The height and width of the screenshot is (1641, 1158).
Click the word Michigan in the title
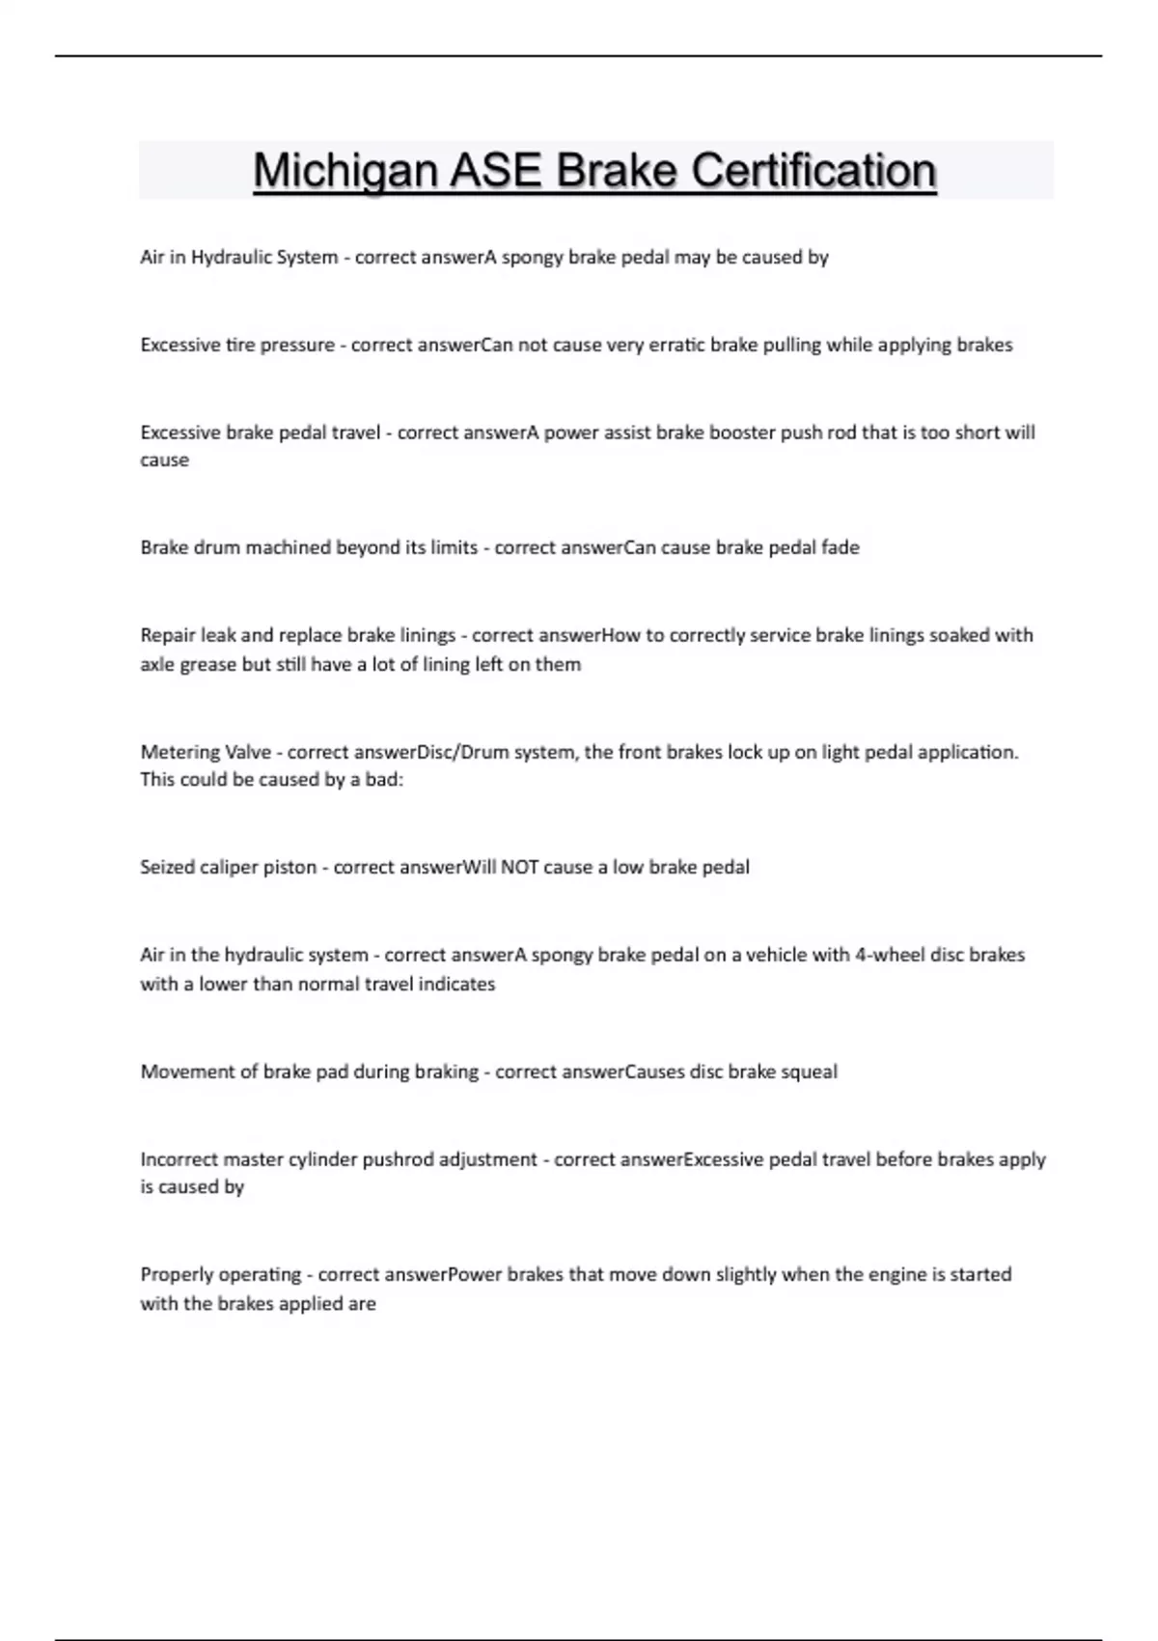tap(345, 172)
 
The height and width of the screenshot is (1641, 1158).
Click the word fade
tap(840, 547)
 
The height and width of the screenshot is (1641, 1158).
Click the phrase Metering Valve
tap(206, 752)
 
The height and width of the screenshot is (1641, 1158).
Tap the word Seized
tap(167, 867)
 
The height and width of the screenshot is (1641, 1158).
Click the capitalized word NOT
tap(519, 867)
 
